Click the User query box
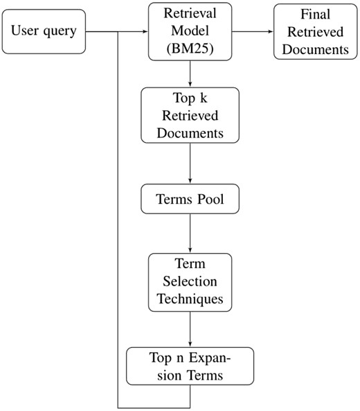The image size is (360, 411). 44,31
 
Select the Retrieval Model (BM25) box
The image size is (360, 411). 190,31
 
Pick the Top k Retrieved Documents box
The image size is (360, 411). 190,114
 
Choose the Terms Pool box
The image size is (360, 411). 190,199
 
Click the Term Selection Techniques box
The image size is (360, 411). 190,281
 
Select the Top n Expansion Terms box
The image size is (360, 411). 190,366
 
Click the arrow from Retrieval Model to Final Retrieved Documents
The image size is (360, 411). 252,31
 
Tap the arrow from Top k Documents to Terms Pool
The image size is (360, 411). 190,162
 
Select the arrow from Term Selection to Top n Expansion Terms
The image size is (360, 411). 190,329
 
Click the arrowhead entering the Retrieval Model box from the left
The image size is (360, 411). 145,31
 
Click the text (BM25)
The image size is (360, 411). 190,48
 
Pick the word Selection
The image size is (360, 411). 190,281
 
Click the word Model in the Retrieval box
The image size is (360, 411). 190,31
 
